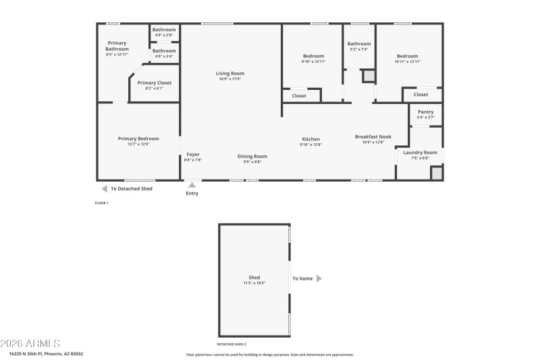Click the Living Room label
(x=230, y=74)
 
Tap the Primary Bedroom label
(x=138, y=138)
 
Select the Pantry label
(x=426, y=112)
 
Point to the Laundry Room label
(x=421, y=153)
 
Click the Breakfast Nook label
(x=373, y=136)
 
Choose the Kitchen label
(x=311, y=139)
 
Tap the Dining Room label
(x=252, y=157)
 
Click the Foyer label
(x=193, y=155)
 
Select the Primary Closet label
(x=155, y=83)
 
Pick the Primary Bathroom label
(x=117, y=45)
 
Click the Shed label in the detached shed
(x=254, y=278)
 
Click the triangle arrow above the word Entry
(x=192, y=184)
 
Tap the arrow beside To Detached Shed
(x=105, y=189)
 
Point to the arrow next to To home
(x=319, y=278)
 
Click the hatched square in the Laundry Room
(x=437, y=174)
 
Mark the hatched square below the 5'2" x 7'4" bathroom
(x=369, y=76)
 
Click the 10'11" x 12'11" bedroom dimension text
(x=408, y=61)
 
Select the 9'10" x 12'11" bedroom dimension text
(x=313, y=61)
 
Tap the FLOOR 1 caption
(x=101, y=203)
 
